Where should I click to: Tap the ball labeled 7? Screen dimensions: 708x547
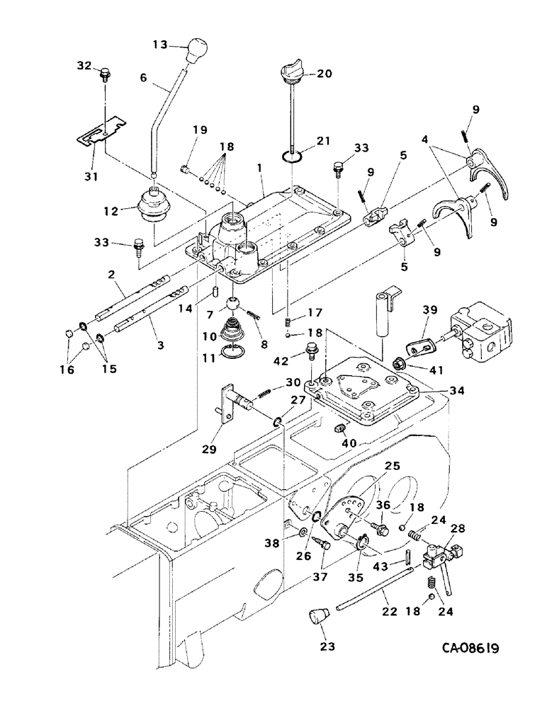[232, 305]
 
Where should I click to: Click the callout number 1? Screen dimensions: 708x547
[261, 169]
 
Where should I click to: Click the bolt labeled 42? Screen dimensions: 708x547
[311, 351]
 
